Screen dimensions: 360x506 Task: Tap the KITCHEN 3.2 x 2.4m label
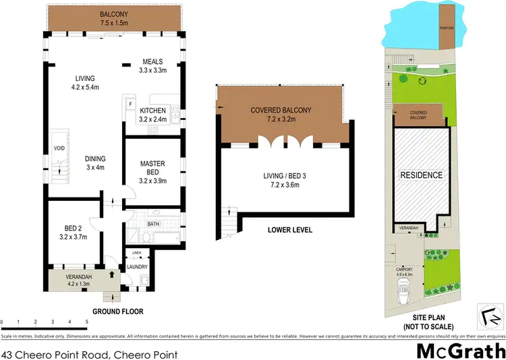click(x=152, y=115)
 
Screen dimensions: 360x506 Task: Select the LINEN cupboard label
click(x=136, y=253)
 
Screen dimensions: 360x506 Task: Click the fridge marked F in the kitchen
click(x=131, y=104)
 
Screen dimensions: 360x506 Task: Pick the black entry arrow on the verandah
click(x=112, y=274)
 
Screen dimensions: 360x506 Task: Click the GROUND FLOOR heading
click(x=119, y=311)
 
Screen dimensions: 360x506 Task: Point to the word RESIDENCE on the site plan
click(x=422, y=175)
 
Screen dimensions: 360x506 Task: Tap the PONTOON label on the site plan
click(x=446, y=28)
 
